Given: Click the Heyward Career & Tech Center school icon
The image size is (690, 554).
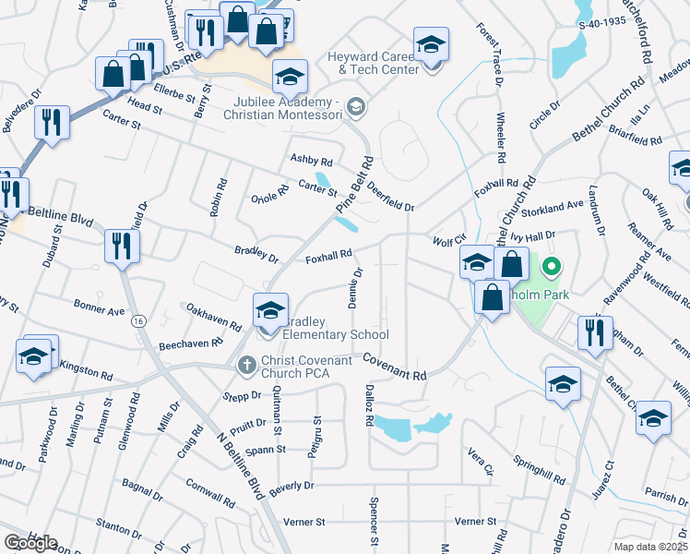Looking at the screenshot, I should tap(430, 45).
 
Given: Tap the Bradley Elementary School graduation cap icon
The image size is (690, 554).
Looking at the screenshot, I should tap(270, 310).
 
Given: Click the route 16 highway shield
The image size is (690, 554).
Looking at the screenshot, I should tap(137, 320).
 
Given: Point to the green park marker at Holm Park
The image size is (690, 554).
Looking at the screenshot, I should tap(552, 269).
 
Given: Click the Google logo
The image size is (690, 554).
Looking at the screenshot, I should tap(30, 543).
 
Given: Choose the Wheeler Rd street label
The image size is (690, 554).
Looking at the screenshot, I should tap(501, 139).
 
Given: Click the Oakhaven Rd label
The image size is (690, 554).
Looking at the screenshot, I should tap(213, 318).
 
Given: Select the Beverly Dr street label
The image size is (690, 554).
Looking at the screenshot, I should tap(292, 485).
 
